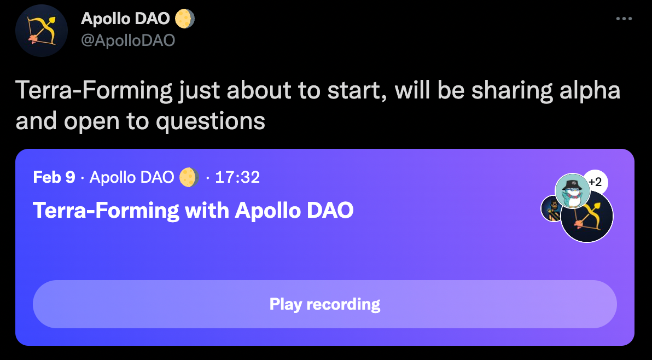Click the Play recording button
click(325, 304)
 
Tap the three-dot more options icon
click(624, 19)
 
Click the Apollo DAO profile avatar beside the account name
click(42, 30)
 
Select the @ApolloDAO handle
click(127, 40)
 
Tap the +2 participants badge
click(595, 182)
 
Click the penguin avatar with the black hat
click(573, 191)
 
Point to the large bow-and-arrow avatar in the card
click(587, 216)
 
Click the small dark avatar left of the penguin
click(552, 208)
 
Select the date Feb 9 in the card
click(54, 177)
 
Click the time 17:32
click(237, 177)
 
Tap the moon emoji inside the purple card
click(189, 177)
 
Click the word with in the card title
click(207, 210)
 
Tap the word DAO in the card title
click(330, 210)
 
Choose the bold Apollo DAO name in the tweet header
click(125, 19)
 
